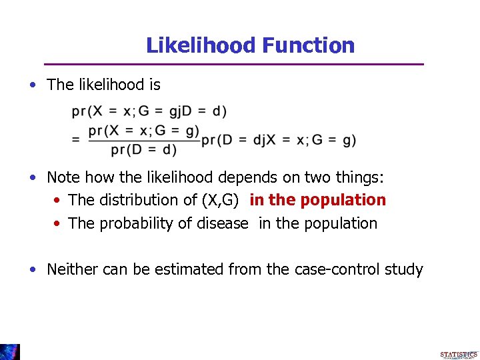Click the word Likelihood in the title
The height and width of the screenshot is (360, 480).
coord(201,45)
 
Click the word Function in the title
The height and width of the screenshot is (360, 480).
coord(308,45)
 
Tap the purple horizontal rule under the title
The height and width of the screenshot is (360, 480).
coord(233,64)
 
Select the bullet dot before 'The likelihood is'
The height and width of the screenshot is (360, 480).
coord(33,85)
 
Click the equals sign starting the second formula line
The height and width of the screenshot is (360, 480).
coord(76,140)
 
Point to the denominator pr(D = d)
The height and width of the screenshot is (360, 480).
coord(143,150)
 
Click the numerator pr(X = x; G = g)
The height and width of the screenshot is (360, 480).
coord(143,130)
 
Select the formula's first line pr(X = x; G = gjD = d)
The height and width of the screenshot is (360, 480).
coord(149,111)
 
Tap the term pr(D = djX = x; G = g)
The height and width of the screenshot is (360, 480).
coord(278,140)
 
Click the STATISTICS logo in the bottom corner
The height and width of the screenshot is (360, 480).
coord(459,355)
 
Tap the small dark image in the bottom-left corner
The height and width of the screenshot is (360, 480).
coord(9,351)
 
